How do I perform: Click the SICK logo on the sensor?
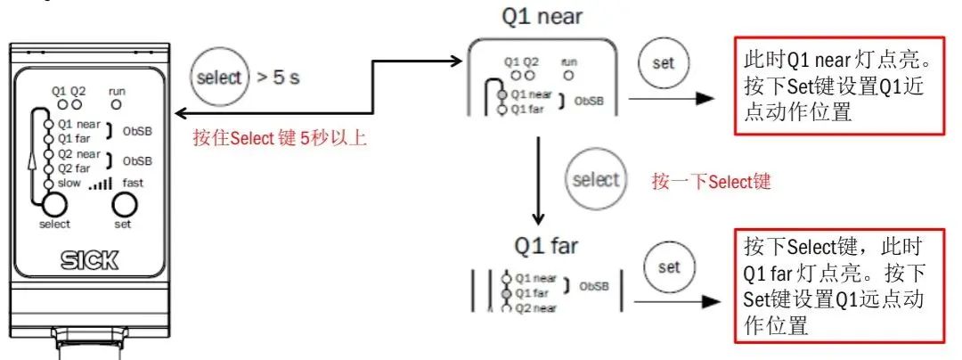coord(88,261)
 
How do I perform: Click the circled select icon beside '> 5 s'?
coord(219,77)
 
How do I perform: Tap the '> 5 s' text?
coord(280,78)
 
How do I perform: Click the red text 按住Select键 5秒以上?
coord(280,138)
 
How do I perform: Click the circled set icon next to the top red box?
coord(664,63)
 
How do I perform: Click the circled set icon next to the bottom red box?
coord(668,266)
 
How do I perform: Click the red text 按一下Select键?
coord(711,182)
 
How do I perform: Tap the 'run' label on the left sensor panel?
coord(117,91)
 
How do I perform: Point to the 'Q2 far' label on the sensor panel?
coord(74,168)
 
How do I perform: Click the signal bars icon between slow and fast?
coord(100,184)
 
